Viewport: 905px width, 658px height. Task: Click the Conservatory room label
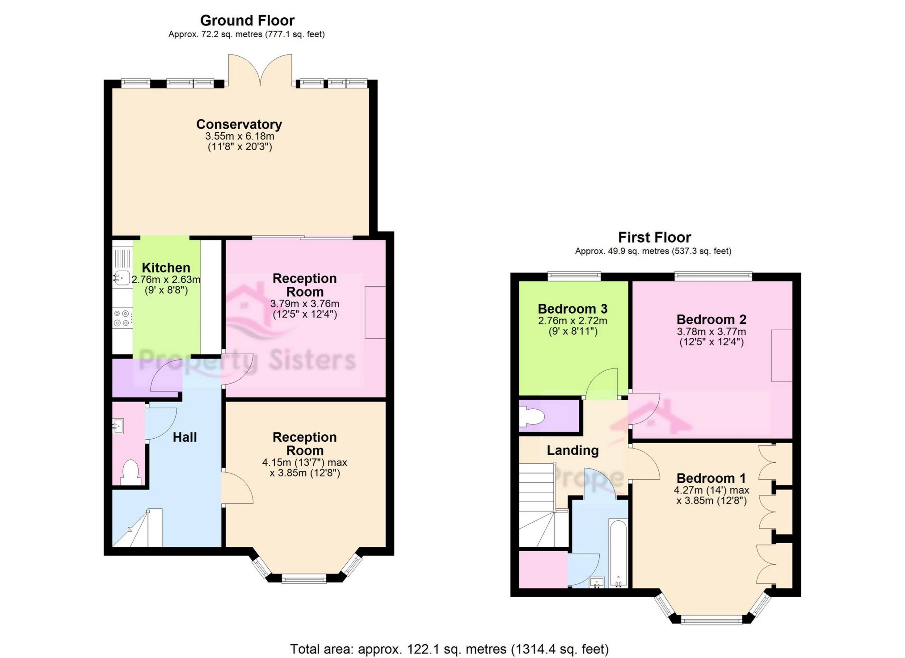pos(239,124)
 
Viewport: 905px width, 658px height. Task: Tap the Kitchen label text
pos(166,268)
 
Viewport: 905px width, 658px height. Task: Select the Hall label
pos(185,437)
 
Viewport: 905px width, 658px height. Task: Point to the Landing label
pos(572,450)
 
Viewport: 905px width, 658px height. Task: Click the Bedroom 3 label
pos(572,309)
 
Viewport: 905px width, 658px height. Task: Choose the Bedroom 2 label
pos(711,319)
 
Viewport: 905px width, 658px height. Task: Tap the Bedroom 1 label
pos(711,478)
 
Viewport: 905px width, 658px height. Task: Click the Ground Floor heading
pos(247,21)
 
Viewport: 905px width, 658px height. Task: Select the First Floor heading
pos(654,237)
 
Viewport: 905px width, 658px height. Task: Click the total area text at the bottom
pos(449,649)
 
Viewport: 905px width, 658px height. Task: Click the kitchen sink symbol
pos(121,278)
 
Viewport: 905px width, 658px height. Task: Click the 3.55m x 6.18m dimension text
pos(240,136)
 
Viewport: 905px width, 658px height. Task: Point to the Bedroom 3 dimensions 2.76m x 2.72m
pos(572,321)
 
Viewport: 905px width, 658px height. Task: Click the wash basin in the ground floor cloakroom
pos(118,426)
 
